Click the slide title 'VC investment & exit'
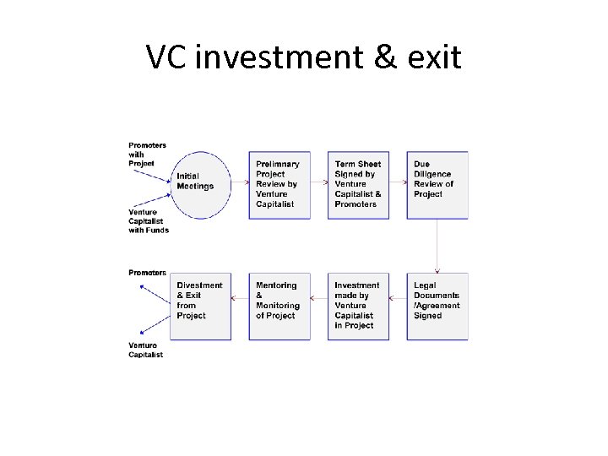304,57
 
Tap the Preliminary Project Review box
280,185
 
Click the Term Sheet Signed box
358,185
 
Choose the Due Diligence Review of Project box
437,185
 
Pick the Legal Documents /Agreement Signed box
437,306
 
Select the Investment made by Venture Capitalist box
358,306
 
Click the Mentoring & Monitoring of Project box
280,306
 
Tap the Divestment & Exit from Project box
200,306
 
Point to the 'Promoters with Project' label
147,154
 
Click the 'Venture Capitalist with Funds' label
149,221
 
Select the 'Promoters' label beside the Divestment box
147,273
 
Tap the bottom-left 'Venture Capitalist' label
145,350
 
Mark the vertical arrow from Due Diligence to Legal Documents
437,246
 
